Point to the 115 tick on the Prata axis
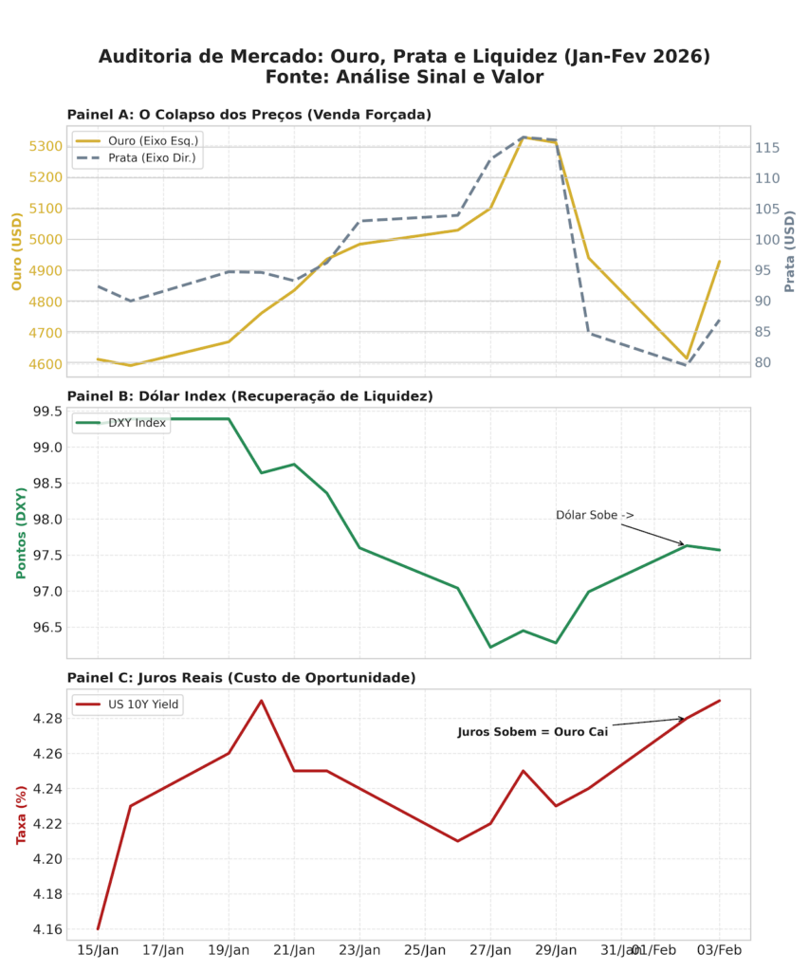tap(767, 148)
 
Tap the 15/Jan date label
tap(98, 950)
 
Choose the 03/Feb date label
tap(720, 950)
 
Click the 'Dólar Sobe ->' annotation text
tap(595, 515)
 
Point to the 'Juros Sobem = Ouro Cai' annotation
tap(532, 732)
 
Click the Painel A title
tap(248, 115)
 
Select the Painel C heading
tap(241, 678)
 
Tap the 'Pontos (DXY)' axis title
tap(22, 533)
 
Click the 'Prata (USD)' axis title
tap(790, 251)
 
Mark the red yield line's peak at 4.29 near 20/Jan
tap(261, 701)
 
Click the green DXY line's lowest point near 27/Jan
tap(490, 647)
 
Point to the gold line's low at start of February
tap(687, 358)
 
